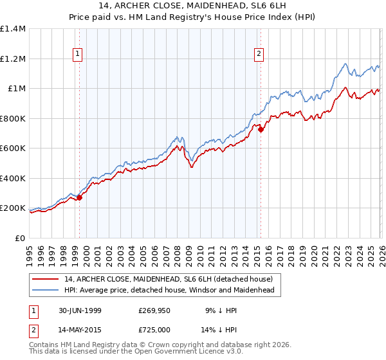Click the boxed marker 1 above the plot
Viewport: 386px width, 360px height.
pos(77,55)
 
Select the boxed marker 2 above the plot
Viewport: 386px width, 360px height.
pos(259,55)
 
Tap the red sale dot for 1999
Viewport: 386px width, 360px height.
pos(80,198)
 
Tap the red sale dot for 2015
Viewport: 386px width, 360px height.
pos(261,130)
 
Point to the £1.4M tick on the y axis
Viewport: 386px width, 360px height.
pos(14,29)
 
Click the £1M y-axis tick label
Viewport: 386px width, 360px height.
pos(16,89)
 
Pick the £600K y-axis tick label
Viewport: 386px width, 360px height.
pos(13,148)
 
